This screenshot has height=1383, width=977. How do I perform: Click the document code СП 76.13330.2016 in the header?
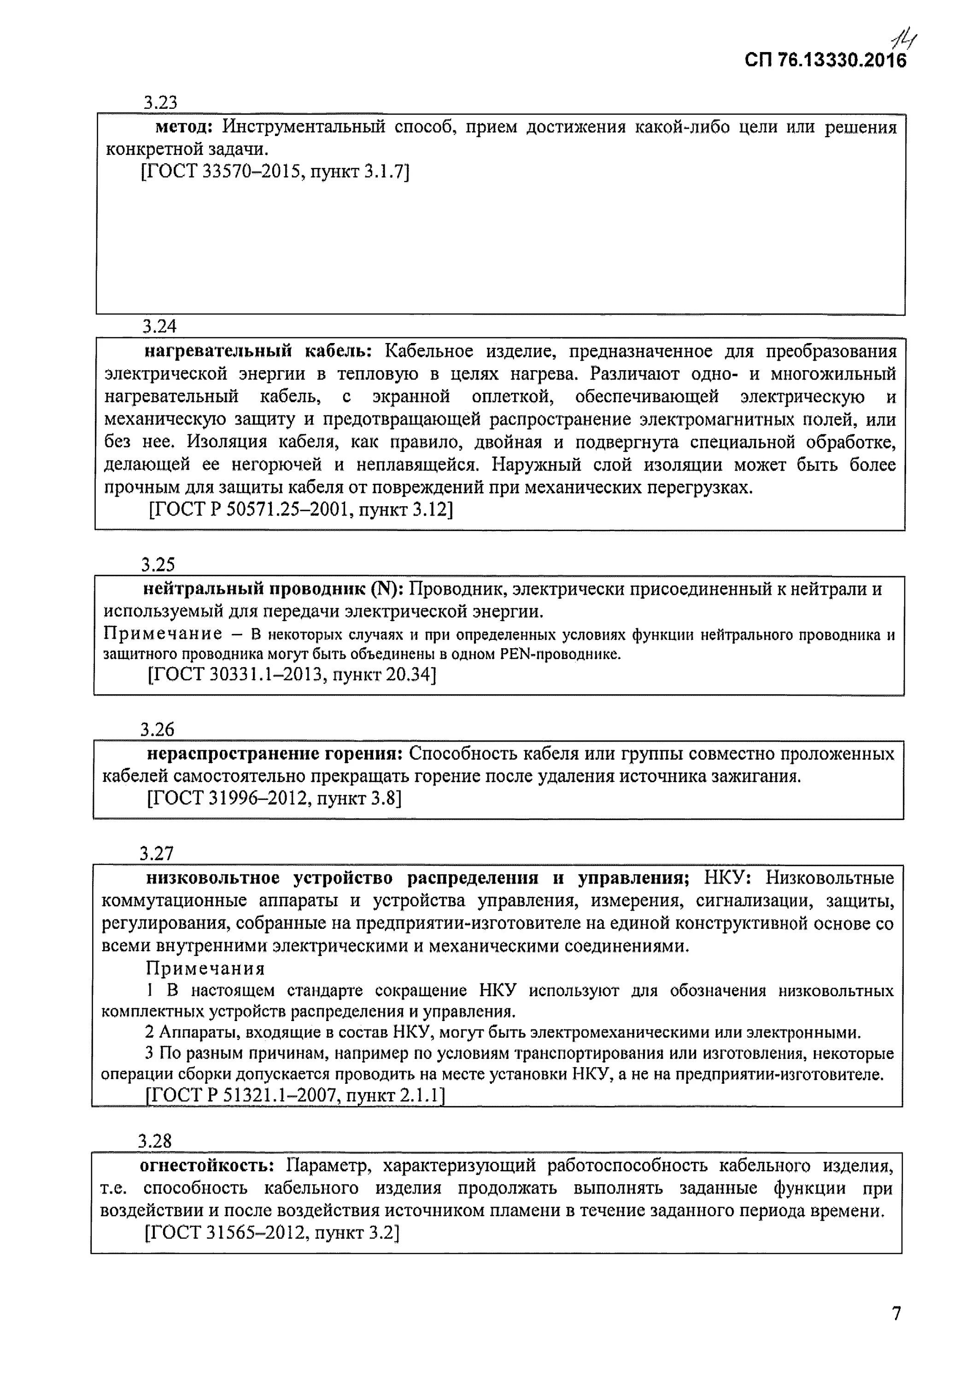pyautogui.click(x=825, y=60)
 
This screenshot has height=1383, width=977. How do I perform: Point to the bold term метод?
pyautogui.click(x=184, y=127)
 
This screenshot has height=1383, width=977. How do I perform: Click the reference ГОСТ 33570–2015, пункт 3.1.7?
pyautogui.click(x=275, y=172)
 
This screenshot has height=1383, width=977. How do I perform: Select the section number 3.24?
pyautogui.click(x=159, y=326)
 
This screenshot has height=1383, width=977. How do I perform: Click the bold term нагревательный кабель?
pyautogui.click(x=259, y=351)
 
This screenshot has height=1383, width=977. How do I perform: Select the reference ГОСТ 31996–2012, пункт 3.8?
pyautogui.click(x=274, y=799)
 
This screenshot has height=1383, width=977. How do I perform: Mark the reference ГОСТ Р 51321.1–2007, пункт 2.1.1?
pyautogui.click(x=295, y=1094)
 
